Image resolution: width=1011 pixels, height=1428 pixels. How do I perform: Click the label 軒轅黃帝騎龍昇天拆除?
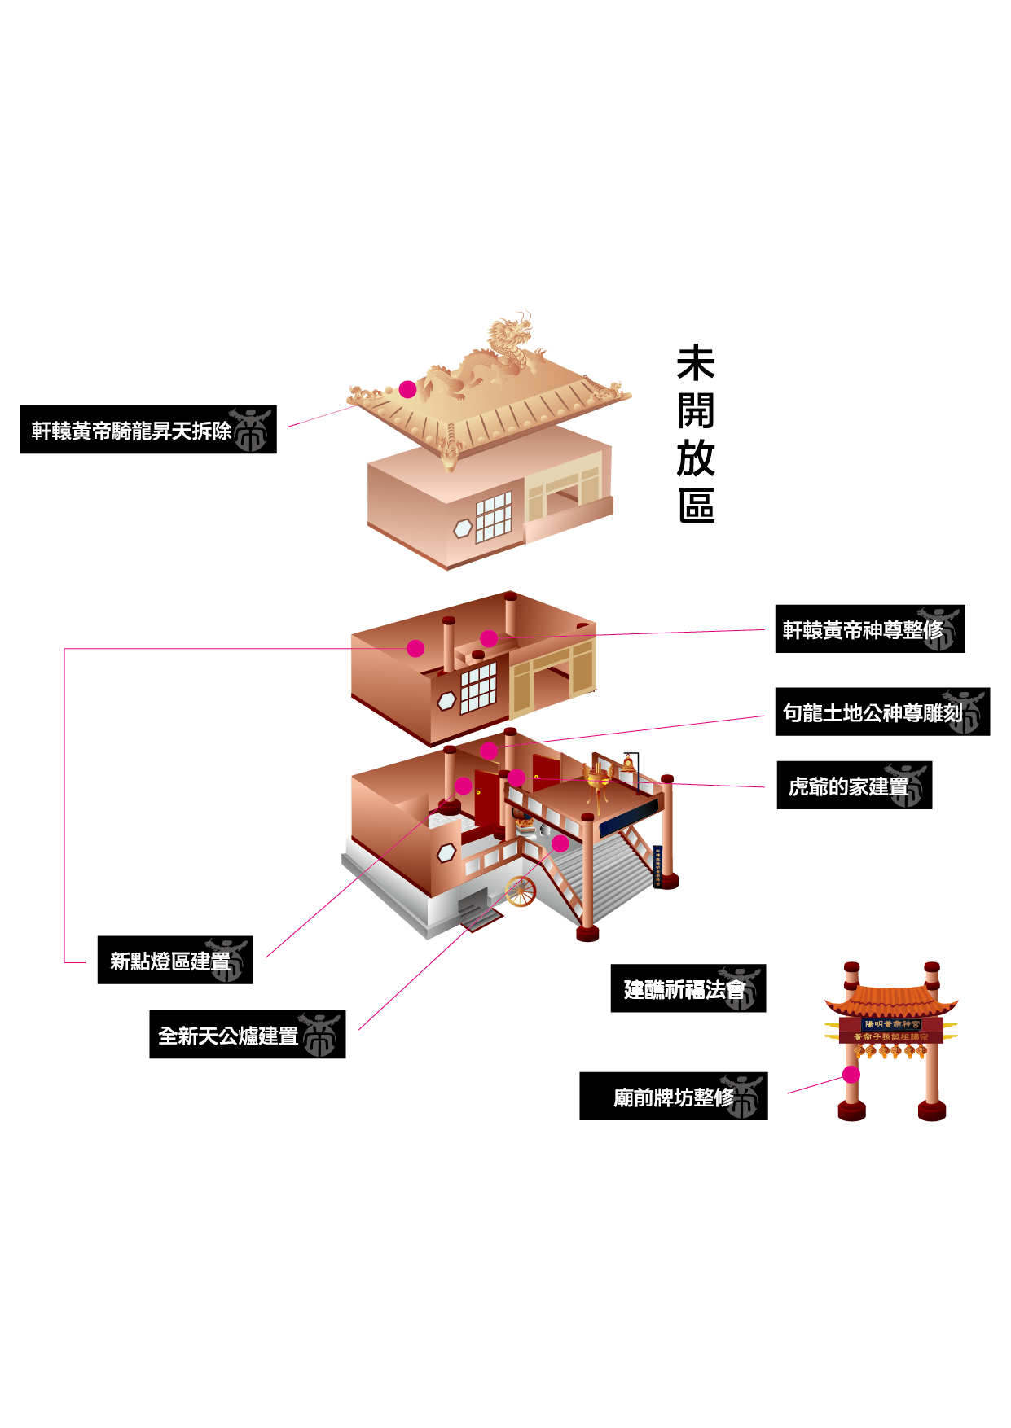click(x=147, y=430)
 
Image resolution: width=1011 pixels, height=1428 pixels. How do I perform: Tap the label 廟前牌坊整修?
click(x=673, y=1097)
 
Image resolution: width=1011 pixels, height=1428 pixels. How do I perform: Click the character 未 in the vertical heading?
click(x=696, y=363)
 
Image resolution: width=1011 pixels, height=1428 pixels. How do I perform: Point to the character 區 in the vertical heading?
click(x=696, y=506)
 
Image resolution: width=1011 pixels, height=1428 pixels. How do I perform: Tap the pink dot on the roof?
click(x=407, y=390)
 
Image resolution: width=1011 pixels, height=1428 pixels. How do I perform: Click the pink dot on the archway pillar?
click(x=851, y=1075)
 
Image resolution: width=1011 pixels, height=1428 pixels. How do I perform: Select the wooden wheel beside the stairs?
click(x=521, y=891)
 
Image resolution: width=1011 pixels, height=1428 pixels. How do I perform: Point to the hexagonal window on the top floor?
click(x=463, y=529)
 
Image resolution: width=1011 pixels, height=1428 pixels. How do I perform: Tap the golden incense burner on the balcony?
click(x=599, y=780)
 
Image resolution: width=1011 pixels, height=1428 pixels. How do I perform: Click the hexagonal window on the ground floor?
click(x=446, y=852)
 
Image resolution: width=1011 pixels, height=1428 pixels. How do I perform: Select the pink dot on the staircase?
click(x=560, y=843)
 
